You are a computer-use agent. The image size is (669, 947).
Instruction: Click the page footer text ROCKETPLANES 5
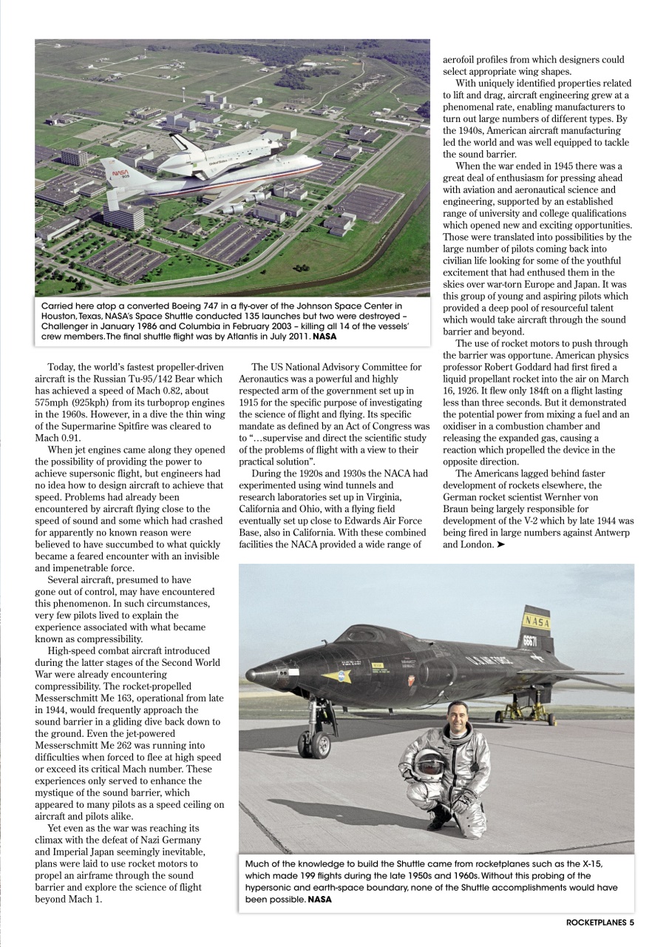[x=600, y=923]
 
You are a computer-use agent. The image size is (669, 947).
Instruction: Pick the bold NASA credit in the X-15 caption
[x=319, y=899]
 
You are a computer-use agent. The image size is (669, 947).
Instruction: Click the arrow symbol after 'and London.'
[x=502, y=545]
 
